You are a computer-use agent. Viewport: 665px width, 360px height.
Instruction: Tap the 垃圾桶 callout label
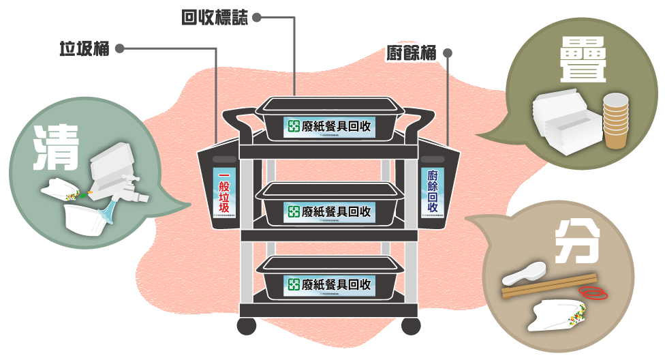(x=84, y=49)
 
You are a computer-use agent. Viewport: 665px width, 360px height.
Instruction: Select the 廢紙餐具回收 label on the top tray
(x=330, y=126)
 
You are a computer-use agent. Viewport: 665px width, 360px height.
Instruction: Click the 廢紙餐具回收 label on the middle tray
(x=330, y=211)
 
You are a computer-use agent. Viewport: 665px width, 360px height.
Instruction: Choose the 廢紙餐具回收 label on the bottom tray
(x=330, y=284)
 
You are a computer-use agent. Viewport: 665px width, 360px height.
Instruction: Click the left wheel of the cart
(x=247, y=326)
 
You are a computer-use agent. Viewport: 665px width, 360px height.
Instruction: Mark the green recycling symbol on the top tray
(x=294, y=126)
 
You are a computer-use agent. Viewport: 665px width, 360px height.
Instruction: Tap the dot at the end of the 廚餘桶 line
(x=448, y=53)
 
